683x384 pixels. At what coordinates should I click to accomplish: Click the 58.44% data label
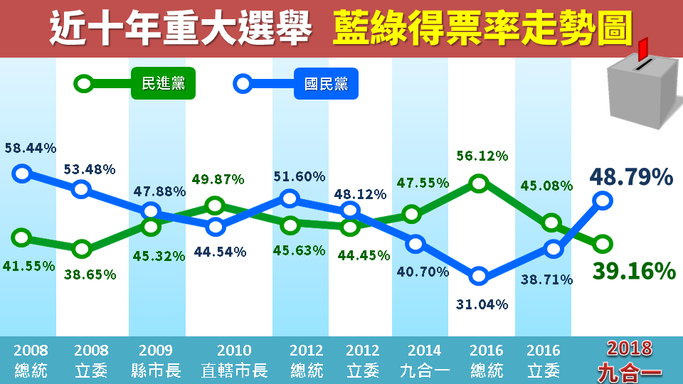pos(30,149)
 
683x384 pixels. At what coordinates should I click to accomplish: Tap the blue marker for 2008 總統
pos(22,173)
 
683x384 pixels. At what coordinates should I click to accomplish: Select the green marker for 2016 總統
pos(479,183)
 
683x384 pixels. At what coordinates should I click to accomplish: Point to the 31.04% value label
pos(482,304)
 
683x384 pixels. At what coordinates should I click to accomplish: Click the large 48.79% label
pos(631,177)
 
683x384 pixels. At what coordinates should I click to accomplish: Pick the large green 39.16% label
pos(632,271)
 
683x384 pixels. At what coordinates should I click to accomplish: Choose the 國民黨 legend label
pos(325,84)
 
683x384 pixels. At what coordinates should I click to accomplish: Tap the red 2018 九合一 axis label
pos(630,359)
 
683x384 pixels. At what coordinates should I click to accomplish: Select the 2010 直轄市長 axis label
pos(234,360)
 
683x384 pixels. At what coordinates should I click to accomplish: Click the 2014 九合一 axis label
pos(425,360)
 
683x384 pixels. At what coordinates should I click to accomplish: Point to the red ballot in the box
pos(643,50)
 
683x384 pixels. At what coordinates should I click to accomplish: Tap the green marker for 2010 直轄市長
pos(216,206)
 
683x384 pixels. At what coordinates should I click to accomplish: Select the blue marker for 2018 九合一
pos(603,201)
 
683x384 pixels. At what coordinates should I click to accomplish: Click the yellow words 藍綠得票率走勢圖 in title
pos(482,28)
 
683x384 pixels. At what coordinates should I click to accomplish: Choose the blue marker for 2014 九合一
pos(416,244)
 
